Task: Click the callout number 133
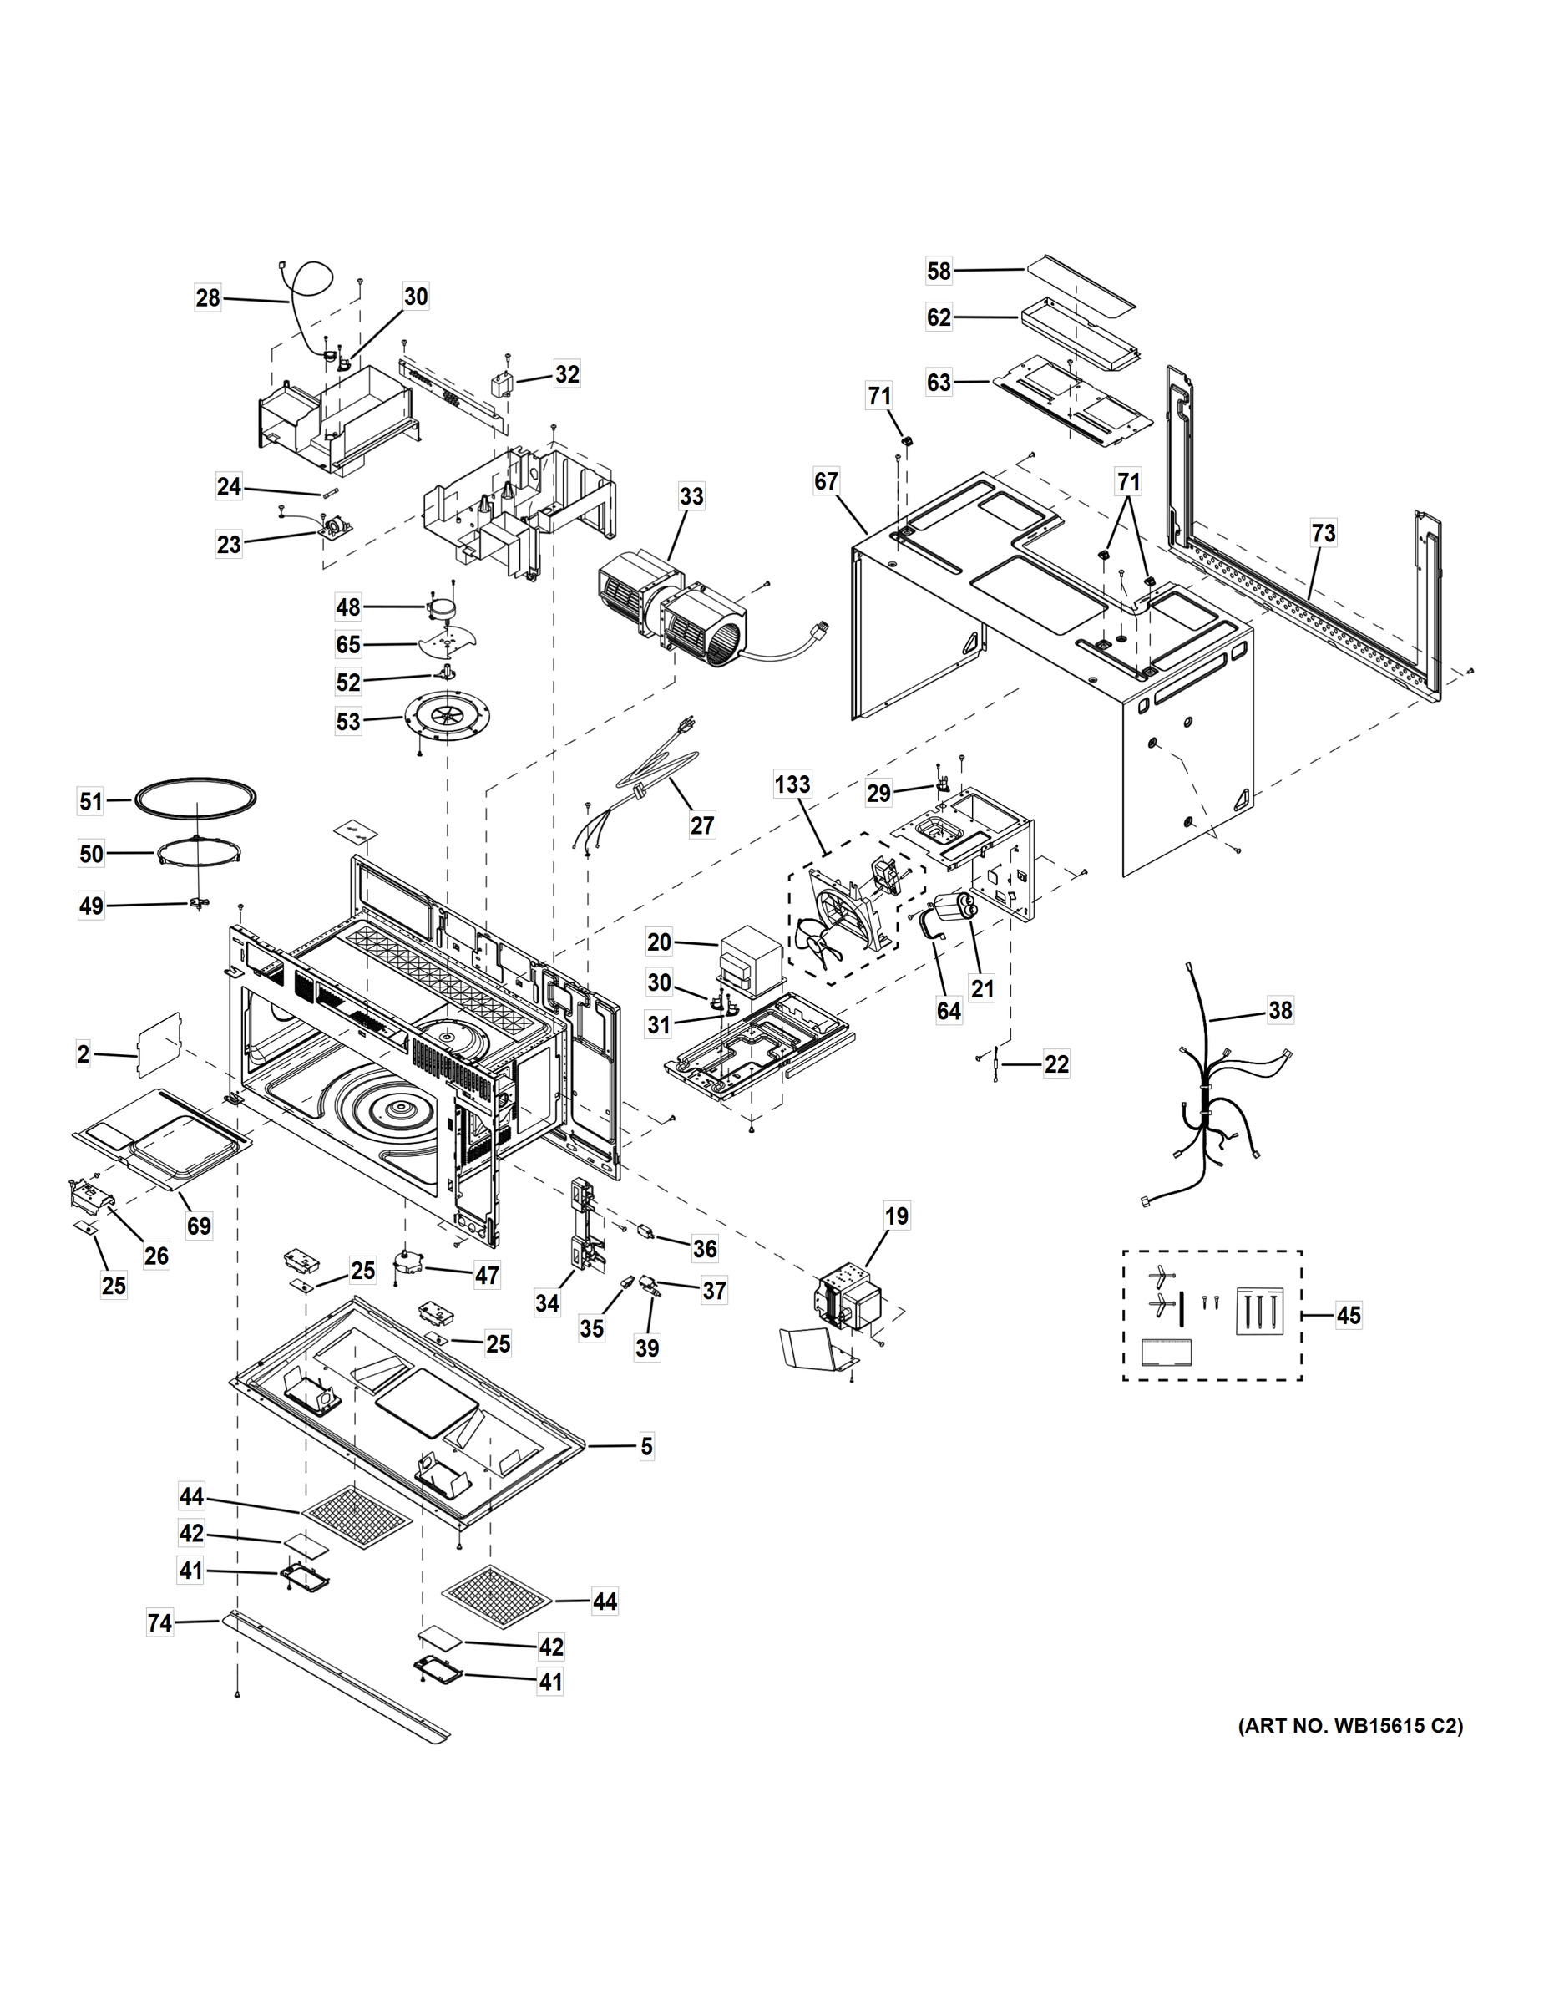coord(792,785)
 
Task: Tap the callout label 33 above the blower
coord(691,497)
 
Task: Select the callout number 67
coord(826,481)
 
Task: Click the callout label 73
coord(1324,533)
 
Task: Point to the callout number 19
coord(897,1216)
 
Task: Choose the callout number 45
coord(1348,1316)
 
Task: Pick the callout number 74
coord(159,1624)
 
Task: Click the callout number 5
coord(647,1448)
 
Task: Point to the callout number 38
coord(1279,1011)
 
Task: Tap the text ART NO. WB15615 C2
coord(1350,1727)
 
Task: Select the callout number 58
coord(939,271)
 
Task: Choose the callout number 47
coord(486,1275)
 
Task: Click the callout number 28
coord(208,298)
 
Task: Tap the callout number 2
coord(84,1055)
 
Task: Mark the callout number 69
coord(199,1226)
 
